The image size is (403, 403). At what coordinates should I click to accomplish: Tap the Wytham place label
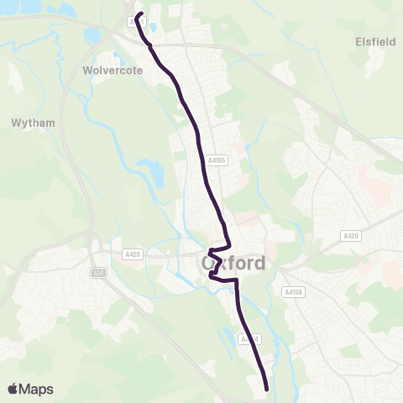click(34, 123)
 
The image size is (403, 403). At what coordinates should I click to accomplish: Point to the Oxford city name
click(234, 263)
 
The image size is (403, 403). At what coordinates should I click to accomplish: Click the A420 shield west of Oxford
click(132, 254)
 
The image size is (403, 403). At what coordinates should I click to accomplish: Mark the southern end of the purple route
click(267, 388)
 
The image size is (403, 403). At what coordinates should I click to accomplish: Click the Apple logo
click(13, 389)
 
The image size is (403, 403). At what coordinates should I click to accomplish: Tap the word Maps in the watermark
click(37, 389)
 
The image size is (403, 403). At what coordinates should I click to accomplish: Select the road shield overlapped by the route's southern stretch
click(245, 339)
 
